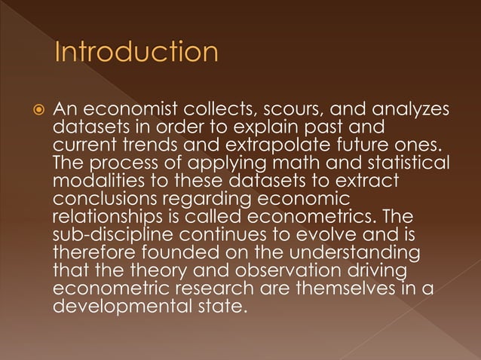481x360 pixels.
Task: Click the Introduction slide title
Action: point(136,53)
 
